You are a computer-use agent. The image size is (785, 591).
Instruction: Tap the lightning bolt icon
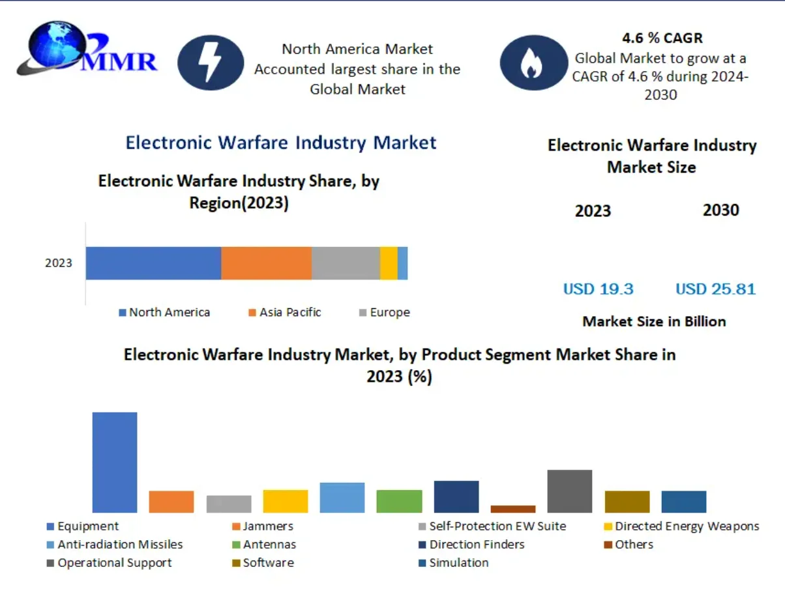(211, 63)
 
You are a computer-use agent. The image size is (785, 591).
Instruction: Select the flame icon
(533, 63)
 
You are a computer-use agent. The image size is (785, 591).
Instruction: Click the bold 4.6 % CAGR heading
(662, 38)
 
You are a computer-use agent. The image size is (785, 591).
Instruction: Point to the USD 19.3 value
(598, 289)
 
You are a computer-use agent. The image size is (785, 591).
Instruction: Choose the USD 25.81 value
(715, 289)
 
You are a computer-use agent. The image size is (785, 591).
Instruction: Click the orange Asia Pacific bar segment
(266, 263)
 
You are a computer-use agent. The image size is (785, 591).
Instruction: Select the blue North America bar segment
(153, 263)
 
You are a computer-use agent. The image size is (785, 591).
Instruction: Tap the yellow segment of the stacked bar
(389, 263)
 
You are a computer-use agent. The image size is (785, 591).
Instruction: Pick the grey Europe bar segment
(346, 263)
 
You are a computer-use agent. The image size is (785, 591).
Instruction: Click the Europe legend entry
(385, 313)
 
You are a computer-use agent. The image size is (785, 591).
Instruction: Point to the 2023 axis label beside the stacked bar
(59, 264)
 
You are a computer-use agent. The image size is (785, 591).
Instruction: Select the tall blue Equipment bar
(115, 462)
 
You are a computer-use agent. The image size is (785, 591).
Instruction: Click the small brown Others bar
(512, 508)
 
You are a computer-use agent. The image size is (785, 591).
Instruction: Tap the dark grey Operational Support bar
(569, 491)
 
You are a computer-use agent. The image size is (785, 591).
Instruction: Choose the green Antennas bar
(399, 500)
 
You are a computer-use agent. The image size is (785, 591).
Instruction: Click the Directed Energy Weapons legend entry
(682, 526)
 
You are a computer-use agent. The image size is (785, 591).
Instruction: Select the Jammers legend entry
(263, 526)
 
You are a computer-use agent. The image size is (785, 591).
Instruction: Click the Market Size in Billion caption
(654, 321)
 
